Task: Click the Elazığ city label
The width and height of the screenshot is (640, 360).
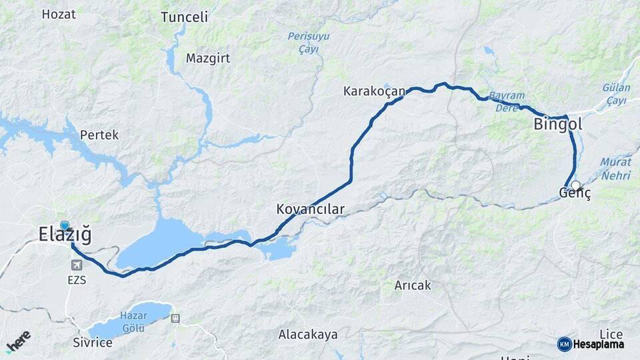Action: tap(65, 235)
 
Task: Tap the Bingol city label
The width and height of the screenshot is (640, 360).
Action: tap(558, 124)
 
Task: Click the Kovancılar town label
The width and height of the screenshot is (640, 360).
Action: tap(310, 209)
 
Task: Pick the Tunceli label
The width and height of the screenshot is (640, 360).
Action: tap(184, 17)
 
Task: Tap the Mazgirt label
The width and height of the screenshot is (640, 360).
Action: tap(208, 58)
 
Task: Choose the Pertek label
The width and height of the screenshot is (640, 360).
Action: tap(99, 135)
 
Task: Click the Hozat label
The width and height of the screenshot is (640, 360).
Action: tap(59, 14)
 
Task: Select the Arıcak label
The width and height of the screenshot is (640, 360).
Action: tap(413, 285)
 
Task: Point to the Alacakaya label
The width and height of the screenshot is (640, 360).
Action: tap(308, 334)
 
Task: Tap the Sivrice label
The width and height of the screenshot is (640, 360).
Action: tap(93, 343)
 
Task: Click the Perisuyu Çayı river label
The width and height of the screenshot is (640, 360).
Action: tap(308, 41)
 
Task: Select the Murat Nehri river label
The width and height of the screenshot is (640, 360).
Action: tap(615, 169)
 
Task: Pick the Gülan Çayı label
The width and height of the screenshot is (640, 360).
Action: tap(615, 93)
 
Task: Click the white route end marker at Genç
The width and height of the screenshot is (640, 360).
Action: tap(575, 185)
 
